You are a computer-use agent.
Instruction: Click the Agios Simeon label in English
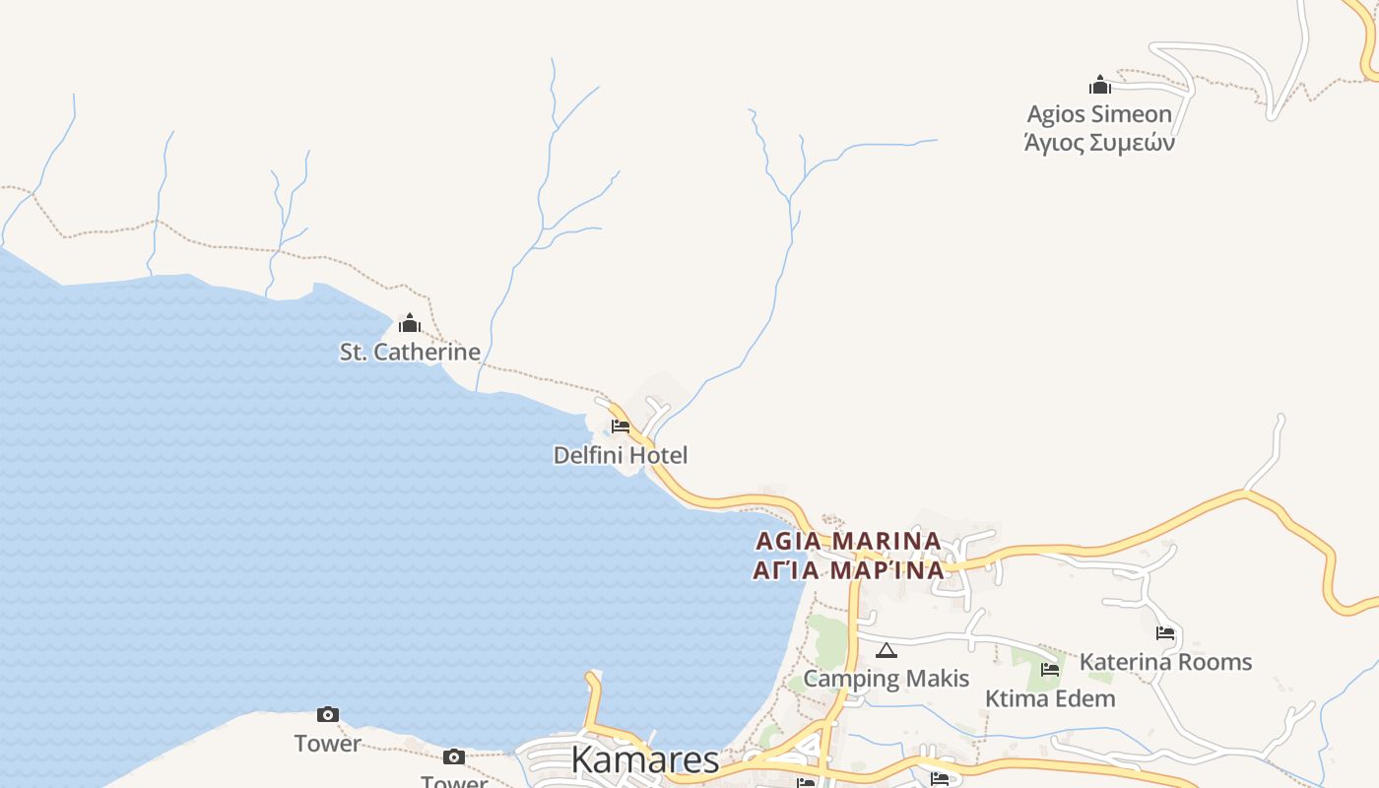pyautogui.click(x=1099, y=114)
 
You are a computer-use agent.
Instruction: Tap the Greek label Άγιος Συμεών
pyautogui.click(x=1099, y=143)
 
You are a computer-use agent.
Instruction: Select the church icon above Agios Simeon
pyautogui.click(x=1100, y=86)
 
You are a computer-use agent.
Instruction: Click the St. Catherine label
pyautogui.click(x=410, y=352)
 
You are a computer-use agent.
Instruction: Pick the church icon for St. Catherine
pyautogui.click(x=410, y=323)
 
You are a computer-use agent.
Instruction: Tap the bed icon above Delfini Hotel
pyautogui.click(x=621, y=427)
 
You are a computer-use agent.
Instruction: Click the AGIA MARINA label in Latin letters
pyautogui.click(x=848, y=541)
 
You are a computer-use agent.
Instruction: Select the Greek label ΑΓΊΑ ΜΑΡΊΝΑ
pyautogui.click(x=848, y=569)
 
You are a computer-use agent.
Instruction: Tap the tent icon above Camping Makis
pyautogui.click(x=886, y=650)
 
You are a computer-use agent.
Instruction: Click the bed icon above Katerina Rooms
pyautogui.click(x=1165, y=633)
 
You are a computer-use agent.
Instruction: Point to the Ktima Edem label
pyautogui.click(x=1050, y=698)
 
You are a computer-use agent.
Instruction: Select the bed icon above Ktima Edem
pyautogui.click(x=1050, y=671)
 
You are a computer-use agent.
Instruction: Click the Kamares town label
pyautogui.click(x=645, y=759)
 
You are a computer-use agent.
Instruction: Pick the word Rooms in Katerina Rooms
pyautogui.click(x=1215, y=662)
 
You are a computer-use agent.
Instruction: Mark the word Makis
pyautogui.click(x=938, y=679)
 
